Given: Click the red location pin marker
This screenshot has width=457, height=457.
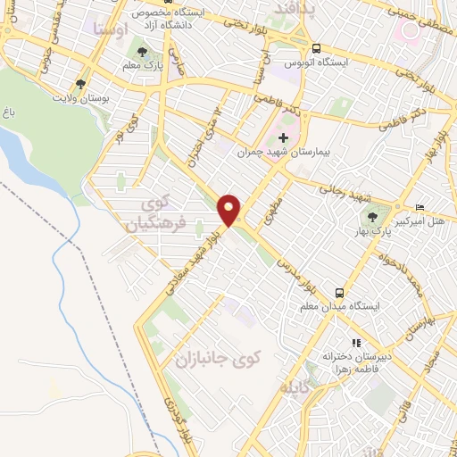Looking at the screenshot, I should [x=229, y=210].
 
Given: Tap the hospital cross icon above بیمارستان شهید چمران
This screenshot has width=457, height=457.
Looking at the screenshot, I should [x=284, y=138].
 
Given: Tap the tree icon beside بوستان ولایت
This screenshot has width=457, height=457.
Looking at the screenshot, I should [x=81, y=84].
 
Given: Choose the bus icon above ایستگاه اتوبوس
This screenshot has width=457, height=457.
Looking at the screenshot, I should [x=317, y=49].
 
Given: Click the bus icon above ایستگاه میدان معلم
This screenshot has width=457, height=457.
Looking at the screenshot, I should [x=339, y=293].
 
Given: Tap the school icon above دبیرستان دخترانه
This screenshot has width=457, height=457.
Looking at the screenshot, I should [x=355, y=343].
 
